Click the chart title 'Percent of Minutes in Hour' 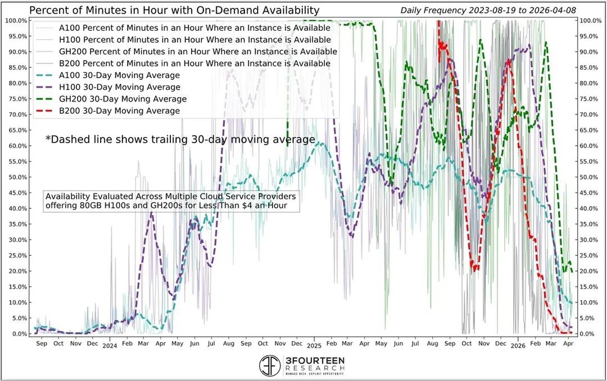click(174, 11)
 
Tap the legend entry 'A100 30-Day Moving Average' click(119, 76)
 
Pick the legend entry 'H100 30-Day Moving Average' click(119, 88)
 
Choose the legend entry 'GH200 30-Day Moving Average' click(122, 99)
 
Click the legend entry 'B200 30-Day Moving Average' click(119, 111)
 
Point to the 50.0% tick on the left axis click(15, 177)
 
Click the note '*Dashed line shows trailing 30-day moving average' click(180, 139)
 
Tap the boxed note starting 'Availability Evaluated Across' click(171, 201)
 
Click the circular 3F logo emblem click(271, 365)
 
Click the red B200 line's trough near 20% click(475, 268)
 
